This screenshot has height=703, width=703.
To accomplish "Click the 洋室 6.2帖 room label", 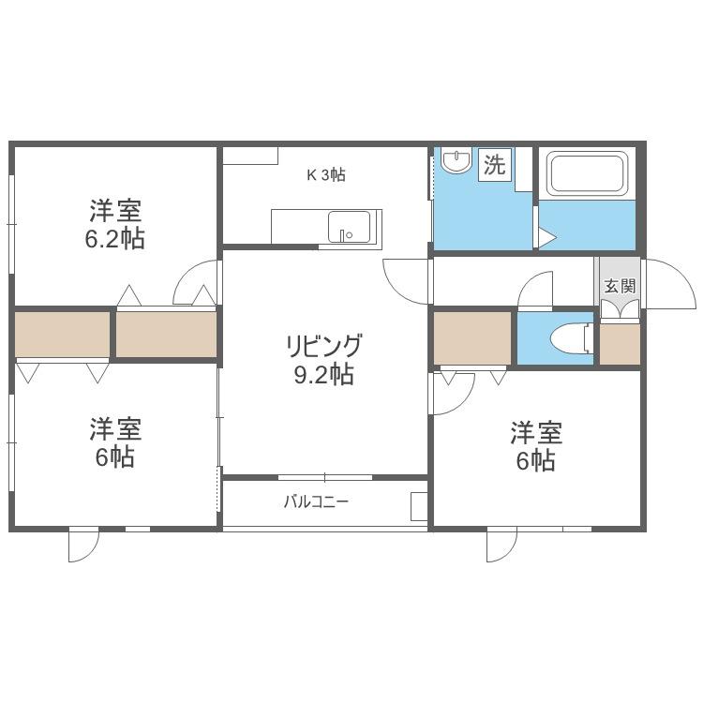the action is (x=115, y=224).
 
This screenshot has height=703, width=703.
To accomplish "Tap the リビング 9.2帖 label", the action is (x=323, y=360).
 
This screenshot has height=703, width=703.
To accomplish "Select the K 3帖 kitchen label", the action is (x=326, y=175).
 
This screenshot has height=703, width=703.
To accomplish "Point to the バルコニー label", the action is (x=316, y=501).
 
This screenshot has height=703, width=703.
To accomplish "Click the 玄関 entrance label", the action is (x=621, y=286).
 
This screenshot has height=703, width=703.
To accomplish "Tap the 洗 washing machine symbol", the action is (x=495, y=165).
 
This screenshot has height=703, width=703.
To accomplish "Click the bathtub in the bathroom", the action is (x=588, y=173).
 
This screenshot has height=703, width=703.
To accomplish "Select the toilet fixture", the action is (x=571, y=338).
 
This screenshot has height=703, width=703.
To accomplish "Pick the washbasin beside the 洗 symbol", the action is (x=456, y=160).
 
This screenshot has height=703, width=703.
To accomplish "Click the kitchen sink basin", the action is (x=350, y=227).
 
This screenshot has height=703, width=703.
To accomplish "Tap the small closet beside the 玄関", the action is (x=620, y=344).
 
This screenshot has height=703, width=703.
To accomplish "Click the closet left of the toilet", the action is (x=472, y=338).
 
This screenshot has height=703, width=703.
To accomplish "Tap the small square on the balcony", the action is (x=419, y=506).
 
